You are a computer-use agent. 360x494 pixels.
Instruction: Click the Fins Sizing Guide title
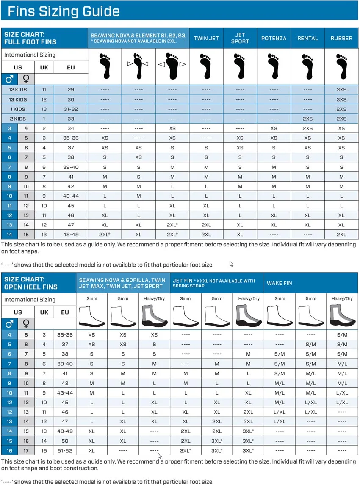click(64, 11)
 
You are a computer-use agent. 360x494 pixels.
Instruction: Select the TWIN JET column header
click(206, 38)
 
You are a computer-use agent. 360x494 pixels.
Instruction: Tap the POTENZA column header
click(274, 38)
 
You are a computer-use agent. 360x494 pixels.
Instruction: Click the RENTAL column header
click(307, 38)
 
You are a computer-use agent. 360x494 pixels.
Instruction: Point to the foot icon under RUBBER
click(341, 66)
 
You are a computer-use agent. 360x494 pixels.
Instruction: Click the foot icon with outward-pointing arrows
click(172, 66)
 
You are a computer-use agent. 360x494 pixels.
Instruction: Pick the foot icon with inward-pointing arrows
click(138, 66)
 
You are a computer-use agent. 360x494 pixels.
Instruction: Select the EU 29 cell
click(71, 90)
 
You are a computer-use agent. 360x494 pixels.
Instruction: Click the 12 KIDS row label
click(18, 90)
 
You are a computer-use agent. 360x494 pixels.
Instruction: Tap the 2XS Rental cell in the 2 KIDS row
click(307, 119)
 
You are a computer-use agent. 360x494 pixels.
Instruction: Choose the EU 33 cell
click(71, 119)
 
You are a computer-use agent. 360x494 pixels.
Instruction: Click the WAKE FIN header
click(280, 283)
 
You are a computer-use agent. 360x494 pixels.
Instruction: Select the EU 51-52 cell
click(65, 451)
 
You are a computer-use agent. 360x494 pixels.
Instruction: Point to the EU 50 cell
click(65, 441)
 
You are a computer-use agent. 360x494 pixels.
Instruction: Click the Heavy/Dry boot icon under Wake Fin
click(342, 316)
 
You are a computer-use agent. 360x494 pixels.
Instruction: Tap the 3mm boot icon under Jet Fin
click(185, 316)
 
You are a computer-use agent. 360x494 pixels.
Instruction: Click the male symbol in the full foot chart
click(9, 79)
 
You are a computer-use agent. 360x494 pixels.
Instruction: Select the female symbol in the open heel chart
click(26, 324)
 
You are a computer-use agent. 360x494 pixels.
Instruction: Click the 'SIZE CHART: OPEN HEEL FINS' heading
click(31, 283)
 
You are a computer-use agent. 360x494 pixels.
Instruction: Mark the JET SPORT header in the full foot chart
click(240, 38)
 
